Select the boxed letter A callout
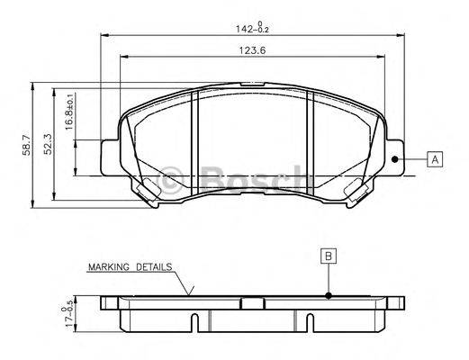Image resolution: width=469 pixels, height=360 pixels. point(436,159)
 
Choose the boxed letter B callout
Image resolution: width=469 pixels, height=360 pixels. point(329,256)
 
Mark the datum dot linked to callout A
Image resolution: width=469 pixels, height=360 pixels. point(396,159)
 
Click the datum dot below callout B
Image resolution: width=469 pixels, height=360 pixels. point(329,295)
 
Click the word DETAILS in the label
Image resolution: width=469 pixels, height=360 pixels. point(155,267)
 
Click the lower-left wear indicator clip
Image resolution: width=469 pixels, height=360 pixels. point(146,190)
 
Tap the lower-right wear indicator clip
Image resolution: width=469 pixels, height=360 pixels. point(357,190)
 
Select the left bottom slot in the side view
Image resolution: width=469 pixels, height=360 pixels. point(195,320)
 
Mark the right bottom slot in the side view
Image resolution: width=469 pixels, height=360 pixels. point(310,320)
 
